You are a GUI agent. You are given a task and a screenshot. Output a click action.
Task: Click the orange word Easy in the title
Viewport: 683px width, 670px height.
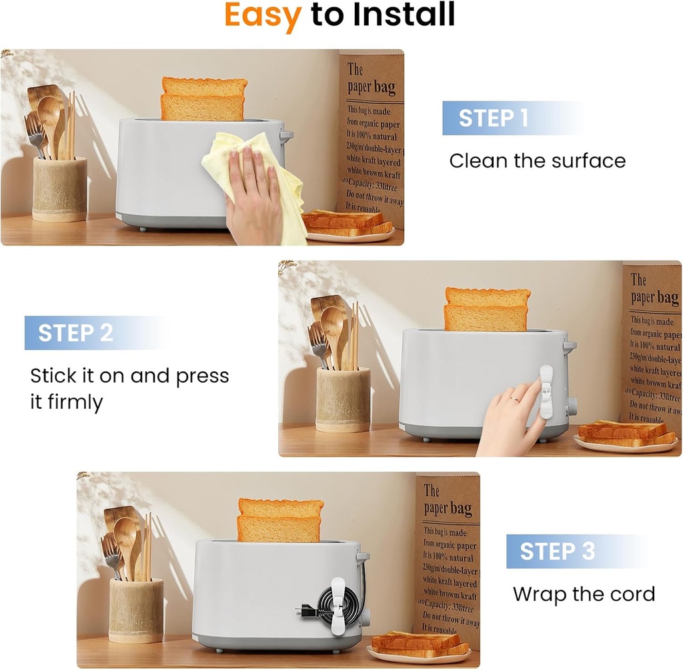262,15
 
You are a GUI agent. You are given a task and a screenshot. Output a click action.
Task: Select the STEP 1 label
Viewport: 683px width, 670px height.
493,118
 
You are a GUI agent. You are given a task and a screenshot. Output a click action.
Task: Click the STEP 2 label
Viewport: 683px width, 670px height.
75,333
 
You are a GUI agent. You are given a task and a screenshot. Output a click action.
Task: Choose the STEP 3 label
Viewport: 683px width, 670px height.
557,551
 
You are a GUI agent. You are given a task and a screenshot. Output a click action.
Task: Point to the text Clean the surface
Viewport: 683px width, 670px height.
537,161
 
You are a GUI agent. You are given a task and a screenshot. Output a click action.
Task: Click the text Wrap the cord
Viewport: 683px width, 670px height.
584,594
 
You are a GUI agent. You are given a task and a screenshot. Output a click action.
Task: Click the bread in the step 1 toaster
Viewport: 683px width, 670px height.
203,99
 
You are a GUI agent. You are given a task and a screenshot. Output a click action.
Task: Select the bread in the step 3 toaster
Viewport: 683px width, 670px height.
280,520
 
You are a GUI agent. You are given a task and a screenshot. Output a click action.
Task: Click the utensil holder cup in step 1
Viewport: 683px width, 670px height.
59,189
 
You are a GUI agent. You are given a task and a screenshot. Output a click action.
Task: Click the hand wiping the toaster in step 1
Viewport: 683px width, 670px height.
253,197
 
